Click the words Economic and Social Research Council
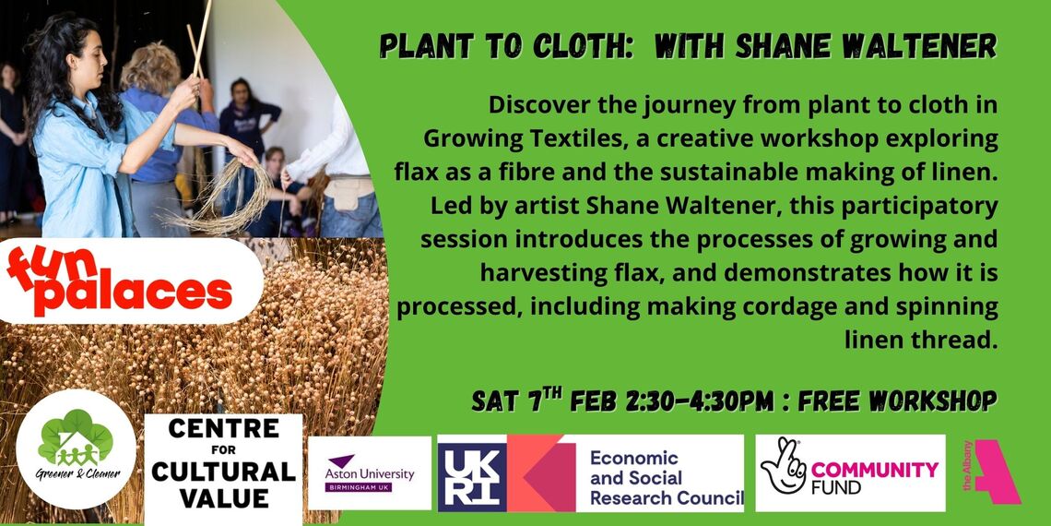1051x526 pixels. tap(666, 478)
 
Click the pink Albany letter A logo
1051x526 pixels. tap(996, 472)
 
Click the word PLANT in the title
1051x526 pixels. tap(418, 47)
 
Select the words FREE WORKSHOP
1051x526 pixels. tap(897, 400)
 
